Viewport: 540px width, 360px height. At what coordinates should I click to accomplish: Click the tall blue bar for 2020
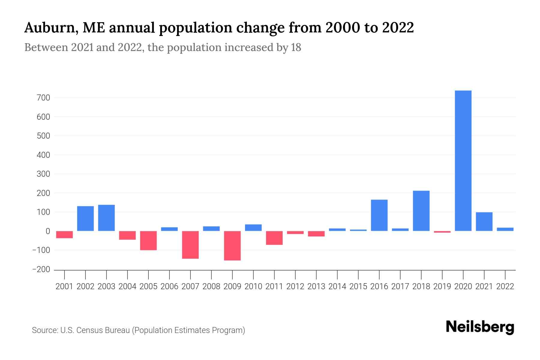point(463,160)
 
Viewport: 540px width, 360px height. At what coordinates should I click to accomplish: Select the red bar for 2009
point(232,245)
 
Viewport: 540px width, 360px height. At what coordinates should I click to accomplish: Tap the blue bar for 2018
point(421,211)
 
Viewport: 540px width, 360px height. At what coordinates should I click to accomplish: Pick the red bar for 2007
point(190,244)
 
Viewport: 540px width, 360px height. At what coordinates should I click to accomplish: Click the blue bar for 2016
point(379,215)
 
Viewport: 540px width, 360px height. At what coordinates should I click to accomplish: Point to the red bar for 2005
point(148,240)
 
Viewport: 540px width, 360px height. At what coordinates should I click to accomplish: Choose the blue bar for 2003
point(106,218)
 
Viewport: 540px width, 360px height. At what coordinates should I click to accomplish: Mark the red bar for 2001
point(64,234)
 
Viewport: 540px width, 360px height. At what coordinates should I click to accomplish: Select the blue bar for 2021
point(484,221)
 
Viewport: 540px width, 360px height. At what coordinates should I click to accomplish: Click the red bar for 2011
point(274,238)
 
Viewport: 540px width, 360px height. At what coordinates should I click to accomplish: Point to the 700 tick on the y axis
point(44,98)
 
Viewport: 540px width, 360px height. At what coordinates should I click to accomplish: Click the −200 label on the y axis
point(41,269)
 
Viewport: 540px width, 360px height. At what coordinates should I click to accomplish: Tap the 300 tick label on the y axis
point(44,174)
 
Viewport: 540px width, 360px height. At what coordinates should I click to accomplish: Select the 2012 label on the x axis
point(295,286)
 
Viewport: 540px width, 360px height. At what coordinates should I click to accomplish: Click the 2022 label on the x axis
point(505,286)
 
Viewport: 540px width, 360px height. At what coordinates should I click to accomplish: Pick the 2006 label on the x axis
point(169,286)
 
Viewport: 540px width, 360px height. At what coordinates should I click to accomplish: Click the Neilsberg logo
point(480,327)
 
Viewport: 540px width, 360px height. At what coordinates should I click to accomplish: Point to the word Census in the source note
point(88,330)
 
